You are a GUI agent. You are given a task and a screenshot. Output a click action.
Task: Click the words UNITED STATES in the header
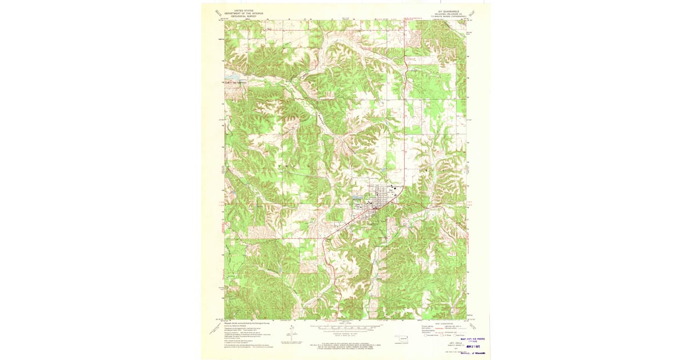(240, 10)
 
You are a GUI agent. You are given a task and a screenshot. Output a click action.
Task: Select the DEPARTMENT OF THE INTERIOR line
(240, 13)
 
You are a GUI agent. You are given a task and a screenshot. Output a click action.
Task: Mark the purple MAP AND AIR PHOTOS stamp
(475, 339)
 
